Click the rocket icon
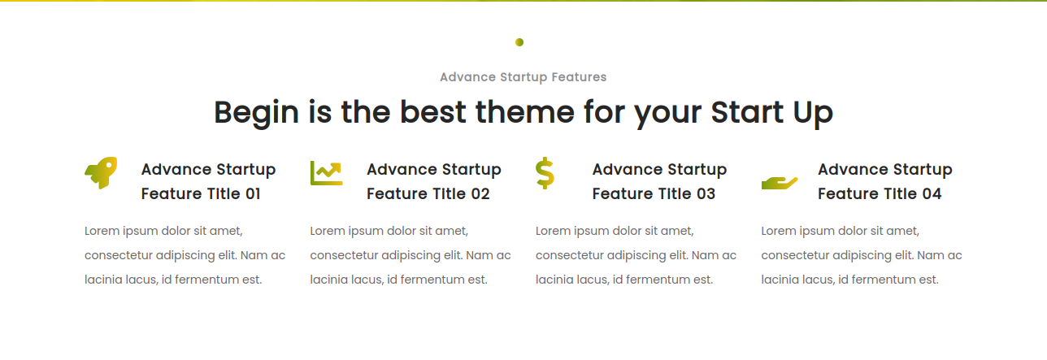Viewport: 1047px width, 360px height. pyautogui.click(x=101, y=173)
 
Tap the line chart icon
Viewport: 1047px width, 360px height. pyautogui.click(x=326, y=173)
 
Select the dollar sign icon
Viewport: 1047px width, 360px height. pyautogui.click(x=545, y=173)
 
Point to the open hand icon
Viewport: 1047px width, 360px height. pyautogui.click(x=780, y=183)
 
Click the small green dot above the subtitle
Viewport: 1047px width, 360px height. pyautogui.click(x=519, y=42)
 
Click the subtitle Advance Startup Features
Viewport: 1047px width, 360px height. pyautogui.click(x=523, y=77)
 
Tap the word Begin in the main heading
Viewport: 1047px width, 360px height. pyautogui.click(x=256, y=113)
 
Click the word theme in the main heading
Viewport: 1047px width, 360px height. pyautogui.click(x=525, y=112)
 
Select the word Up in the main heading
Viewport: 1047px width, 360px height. pyautogui.click(x=813, y=114)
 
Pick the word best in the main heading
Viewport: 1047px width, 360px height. pyautogui.click(x=432, y=112)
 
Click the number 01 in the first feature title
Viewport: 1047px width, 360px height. pyautogui.click(x=252, y=193)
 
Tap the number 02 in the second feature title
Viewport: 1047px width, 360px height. pyautogui.click(x=480, y=193)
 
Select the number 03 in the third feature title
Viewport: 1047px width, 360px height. pyautogui.click(x=706, y=193)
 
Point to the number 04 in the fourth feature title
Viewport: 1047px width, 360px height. pyautogui.click(x=932, y=193)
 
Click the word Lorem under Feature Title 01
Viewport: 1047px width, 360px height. pyautogui.click(x=102, y=231)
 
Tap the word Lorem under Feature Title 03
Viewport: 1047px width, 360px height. pyautogui.click(x=553, y=231)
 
